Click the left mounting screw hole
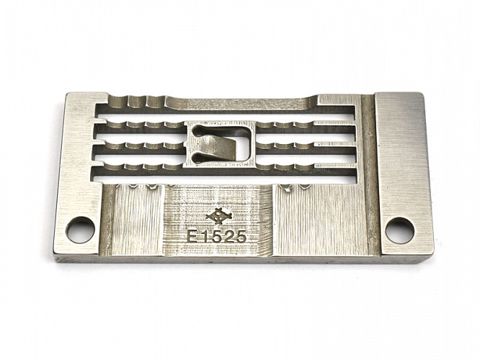(81, 230)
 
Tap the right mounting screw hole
(400, 230)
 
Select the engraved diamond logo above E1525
(218, 216)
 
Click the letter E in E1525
(193, 237)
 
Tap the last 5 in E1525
(241, 237)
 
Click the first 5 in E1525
(218, 237)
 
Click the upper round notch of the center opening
(197, 130)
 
